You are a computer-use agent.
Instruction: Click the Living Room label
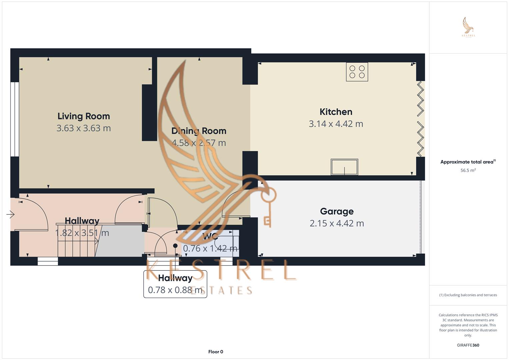tap(84, 116)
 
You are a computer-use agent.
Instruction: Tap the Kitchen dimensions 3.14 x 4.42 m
tap(336, 124)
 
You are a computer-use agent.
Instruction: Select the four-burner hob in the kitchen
tap(357, 72)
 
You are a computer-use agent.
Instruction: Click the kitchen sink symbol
tap(344, 167)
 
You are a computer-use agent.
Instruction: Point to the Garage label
tap(337, 211)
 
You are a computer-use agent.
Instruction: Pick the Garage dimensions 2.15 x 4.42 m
tap(337, 223)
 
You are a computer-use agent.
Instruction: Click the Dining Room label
tap(199, 131)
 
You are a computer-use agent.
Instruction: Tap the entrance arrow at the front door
tap(10, 214)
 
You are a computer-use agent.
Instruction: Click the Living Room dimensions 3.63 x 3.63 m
tap(84, 128)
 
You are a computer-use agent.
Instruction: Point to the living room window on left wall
tap(14, 119)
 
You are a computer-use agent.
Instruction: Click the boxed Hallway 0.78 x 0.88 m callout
tap(175, 284)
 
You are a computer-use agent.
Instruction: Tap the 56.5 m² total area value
tap(468, 170)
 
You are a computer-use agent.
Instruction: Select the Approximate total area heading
tap(468, 162)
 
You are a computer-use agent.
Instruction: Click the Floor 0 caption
tap(216, 352)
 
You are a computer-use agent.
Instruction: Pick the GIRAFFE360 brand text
tap(468, 345)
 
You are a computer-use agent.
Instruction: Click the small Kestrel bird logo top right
tap(468, 27)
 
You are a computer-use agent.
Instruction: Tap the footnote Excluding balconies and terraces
tap(468, 295)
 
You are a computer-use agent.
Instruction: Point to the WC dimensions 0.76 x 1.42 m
tap(210, 248)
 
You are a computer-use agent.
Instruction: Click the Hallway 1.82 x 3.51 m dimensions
tap(82, 233)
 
